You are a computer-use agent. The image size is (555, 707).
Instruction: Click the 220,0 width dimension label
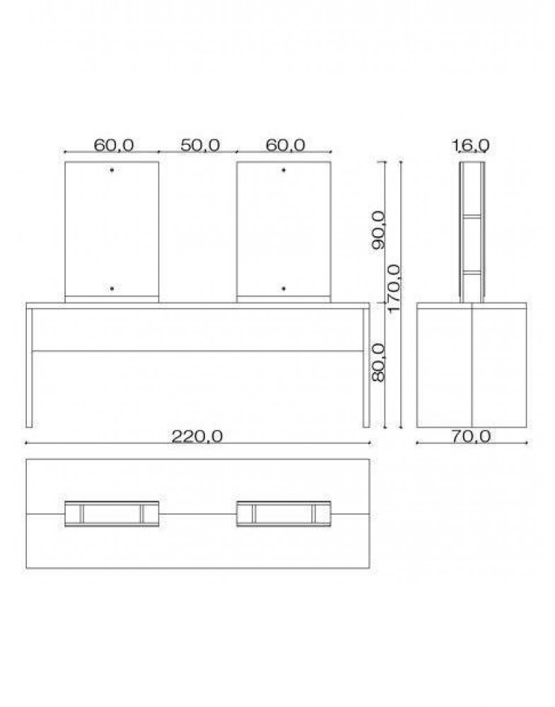[197, 436]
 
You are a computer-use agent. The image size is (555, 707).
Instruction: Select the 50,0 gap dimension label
[200, 145]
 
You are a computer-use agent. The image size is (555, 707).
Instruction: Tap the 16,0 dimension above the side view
[472, 145]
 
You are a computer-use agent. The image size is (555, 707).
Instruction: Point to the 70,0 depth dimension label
[472, 436]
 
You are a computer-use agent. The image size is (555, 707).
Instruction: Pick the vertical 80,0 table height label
[379, 363]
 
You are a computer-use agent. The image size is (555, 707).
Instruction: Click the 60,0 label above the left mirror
[114, 145]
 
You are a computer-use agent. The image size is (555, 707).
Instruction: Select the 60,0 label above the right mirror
[286, 145]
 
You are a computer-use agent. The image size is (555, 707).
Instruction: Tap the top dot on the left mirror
[112, 170]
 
